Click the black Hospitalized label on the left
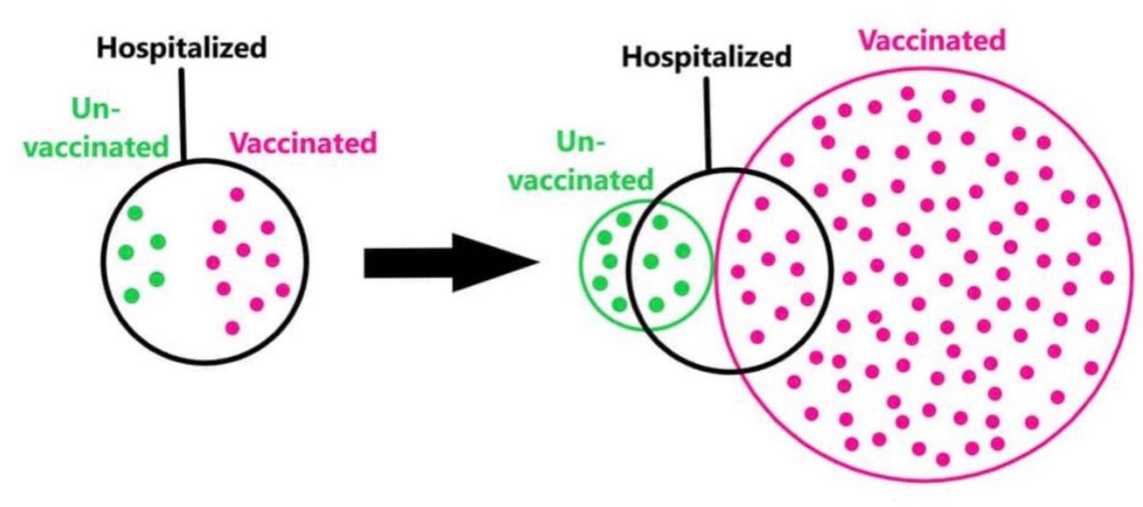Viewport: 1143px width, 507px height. (x=182, y=47)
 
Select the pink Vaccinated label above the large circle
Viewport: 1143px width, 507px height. (x=931, y=40)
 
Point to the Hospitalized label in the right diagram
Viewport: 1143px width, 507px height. (x=707, y=57)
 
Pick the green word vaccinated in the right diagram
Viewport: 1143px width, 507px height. (x=581, y=180)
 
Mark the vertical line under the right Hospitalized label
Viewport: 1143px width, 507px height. (x=707, y=123)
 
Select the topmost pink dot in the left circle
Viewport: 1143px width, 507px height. (x=237, y=194)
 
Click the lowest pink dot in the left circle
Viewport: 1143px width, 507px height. (x=232, y=328)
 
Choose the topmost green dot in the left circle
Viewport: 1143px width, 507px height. (x=135, y=213)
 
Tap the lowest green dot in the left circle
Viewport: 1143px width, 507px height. (x=132, y=295)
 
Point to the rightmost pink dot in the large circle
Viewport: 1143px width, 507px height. (x=1107, y=277)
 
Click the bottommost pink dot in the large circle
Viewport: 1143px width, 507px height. (x=943, y=459)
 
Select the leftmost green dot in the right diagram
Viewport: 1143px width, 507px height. (x=599, y=284)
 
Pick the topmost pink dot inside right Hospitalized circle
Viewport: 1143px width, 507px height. (x=762, y=203)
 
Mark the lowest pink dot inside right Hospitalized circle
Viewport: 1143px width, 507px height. (x=757, y=337)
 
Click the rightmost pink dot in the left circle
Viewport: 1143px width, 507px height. (x=283, y=290)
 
